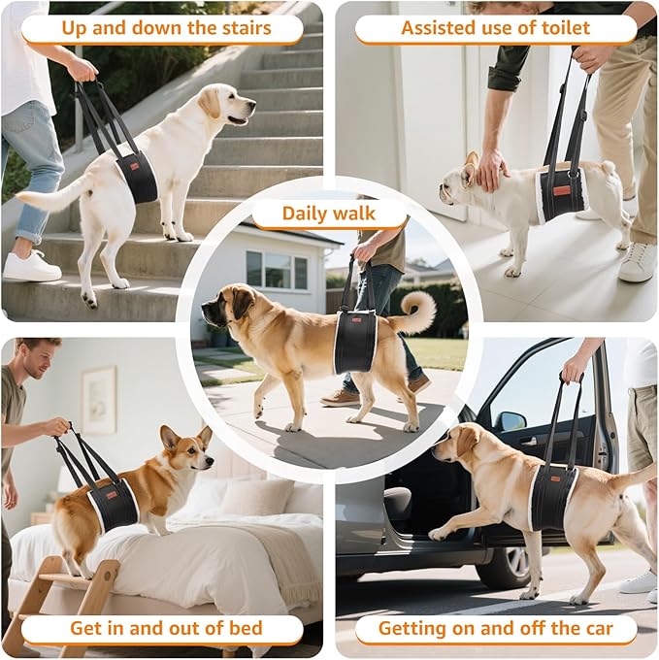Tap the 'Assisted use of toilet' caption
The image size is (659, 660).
tap(495, 28)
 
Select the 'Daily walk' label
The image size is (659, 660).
tap(329, 214)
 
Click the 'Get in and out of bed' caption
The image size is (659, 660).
tap(165, 628)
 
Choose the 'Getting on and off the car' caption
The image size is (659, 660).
tap(495, 628)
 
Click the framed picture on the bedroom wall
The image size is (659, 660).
tap(98, 399)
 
